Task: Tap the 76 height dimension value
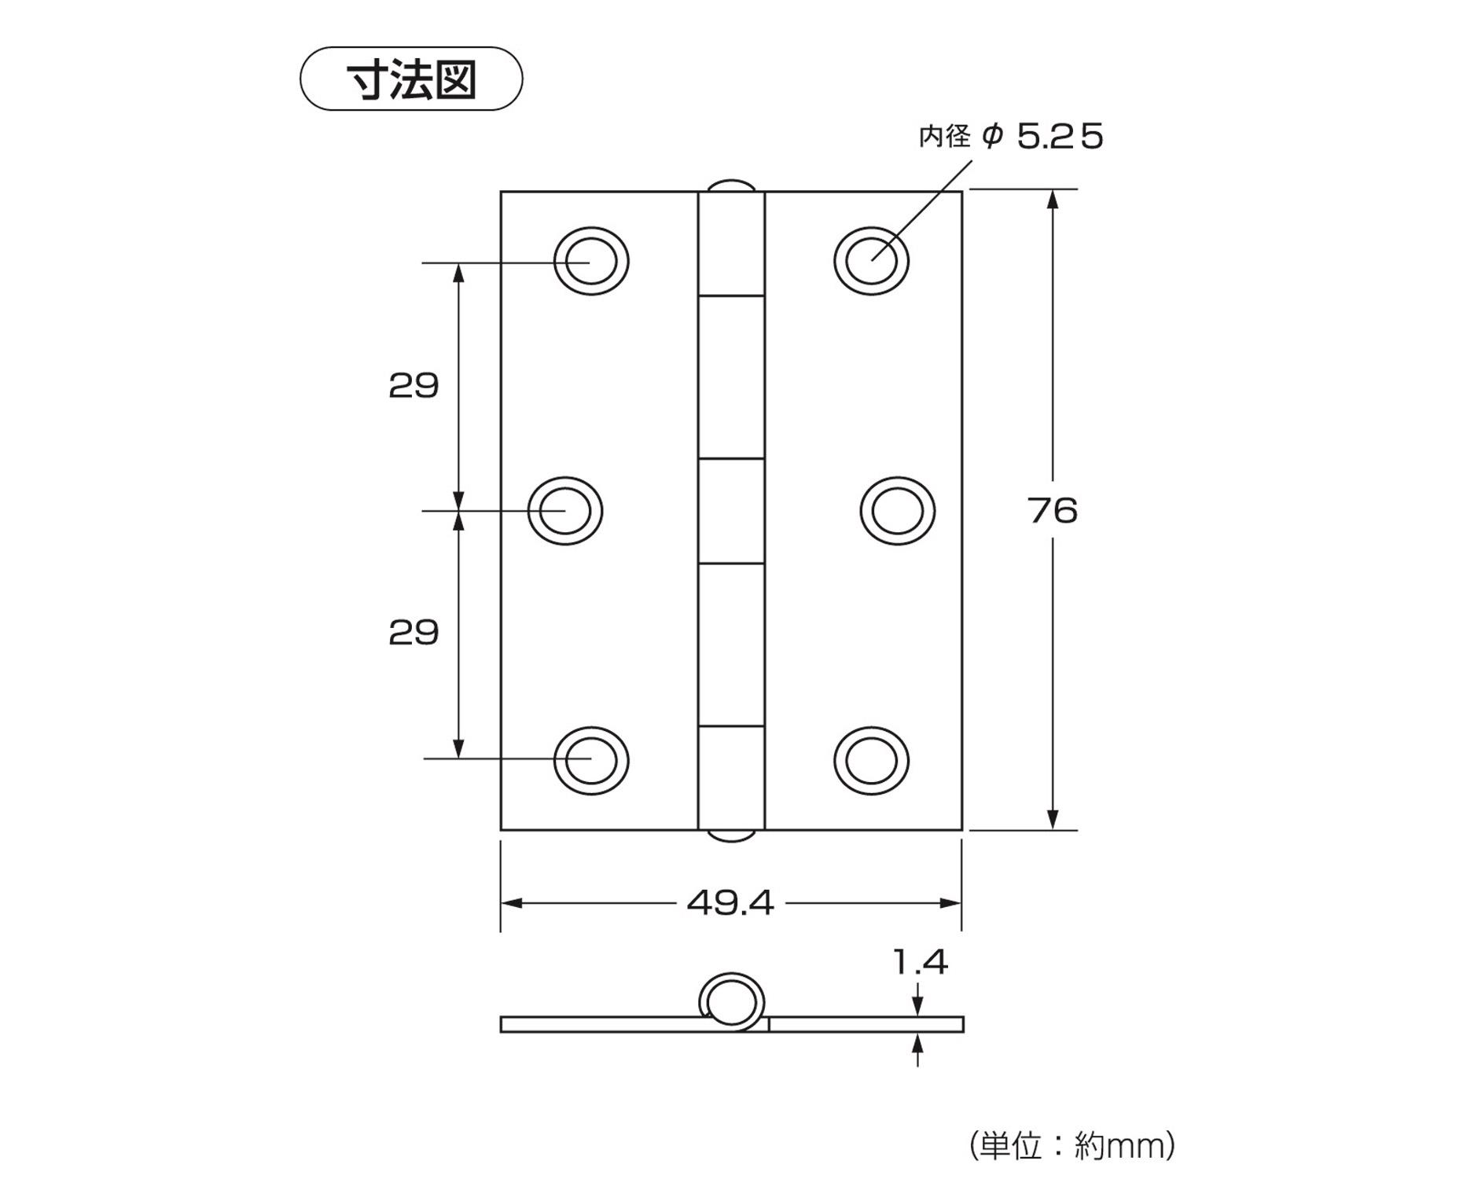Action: [x=1052, y=511]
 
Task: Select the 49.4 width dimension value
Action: [x=730, y=903]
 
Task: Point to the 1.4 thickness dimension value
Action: [x=921, y=962]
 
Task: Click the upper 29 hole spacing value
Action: [x=414, y=386]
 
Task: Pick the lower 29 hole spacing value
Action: [x=414, y=633]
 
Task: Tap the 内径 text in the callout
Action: [x=945, y=137]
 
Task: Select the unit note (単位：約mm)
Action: [x=1072, y=1145]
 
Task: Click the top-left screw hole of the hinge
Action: [x=591, y=262]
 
